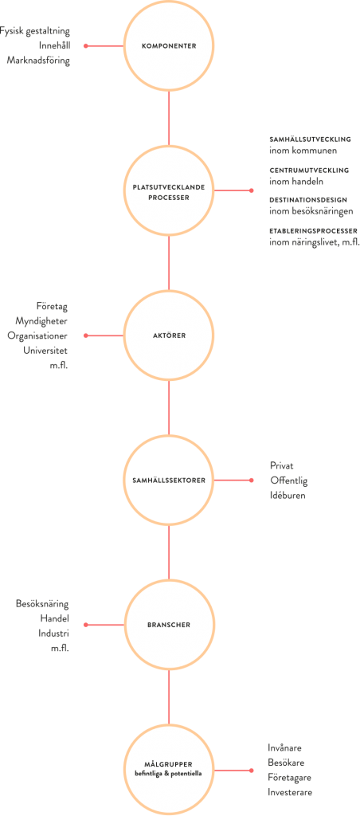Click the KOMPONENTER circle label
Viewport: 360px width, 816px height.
tap(169, 45)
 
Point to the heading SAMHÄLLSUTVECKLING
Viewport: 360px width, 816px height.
tap(310, 139)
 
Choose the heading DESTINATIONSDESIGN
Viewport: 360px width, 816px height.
tap(308, 200)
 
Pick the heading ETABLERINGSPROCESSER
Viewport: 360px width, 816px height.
tap(313, 230)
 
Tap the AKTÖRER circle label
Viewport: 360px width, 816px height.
tap(169, 335)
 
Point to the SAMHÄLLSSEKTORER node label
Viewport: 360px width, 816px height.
tap(169, 480)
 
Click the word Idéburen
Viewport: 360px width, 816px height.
tap(288, 495)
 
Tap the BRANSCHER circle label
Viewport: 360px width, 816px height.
tap(169, 625)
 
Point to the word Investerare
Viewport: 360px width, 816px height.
tap(290, 792)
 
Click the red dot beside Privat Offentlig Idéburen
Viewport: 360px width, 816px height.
tap(251, 480)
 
